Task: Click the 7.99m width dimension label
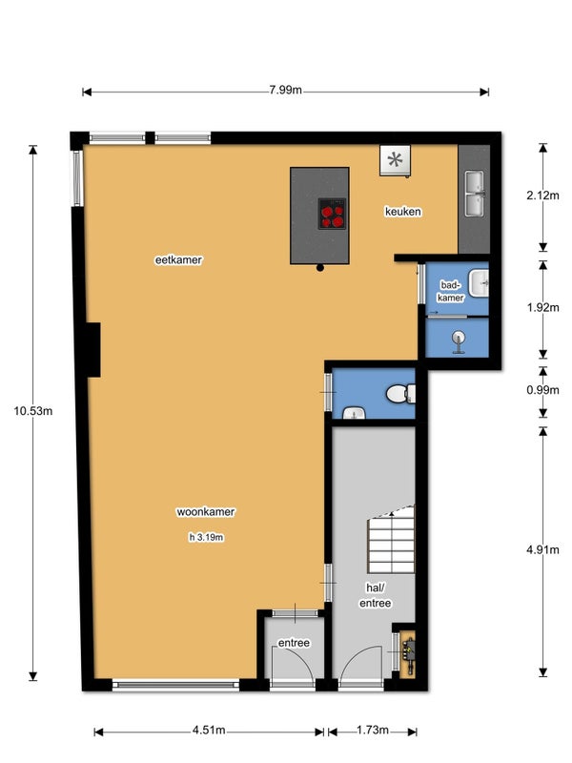pyautogui.click(x=285, y=90)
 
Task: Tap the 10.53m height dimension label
pyautogui.click(x=33, y=411)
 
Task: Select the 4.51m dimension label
pyautogui.click(x=209, y=730)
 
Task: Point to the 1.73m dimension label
pyautogui.click(x=373, y=730)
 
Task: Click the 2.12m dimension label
pyautogui.click(x=542, y=196)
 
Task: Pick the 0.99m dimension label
pyautogui.click(x=542, y=390)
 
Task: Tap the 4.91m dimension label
pyautogui.click(x=542, y=550)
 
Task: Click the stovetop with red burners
pyautogui.click(x=332, y=214)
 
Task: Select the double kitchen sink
pyautogui.click(x=474, y=194)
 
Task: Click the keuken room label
pyautogui.click(x=402, y=212)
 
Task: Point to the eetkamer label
pyautogui.click(x=178, y=259)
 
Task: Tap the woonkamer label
pyautogui.click(x=206, y=512)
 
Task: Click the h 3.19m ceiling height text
pyautogui.click(x=206, y=537)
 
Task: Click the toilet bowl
pyautogui.click(x=400, y=394)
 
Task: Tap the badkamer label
pyautogui.click(x=451, y=291)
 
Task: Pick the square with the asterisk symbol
pyautogui.click(x=395, y=160)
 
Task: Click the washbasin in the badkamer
pyautogui.click(x=479, y=282)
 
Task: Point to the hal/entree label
pyautogui.click(x=375, y=595)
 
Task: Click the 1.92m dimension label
pyautogui.click(x=542, y=307)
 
